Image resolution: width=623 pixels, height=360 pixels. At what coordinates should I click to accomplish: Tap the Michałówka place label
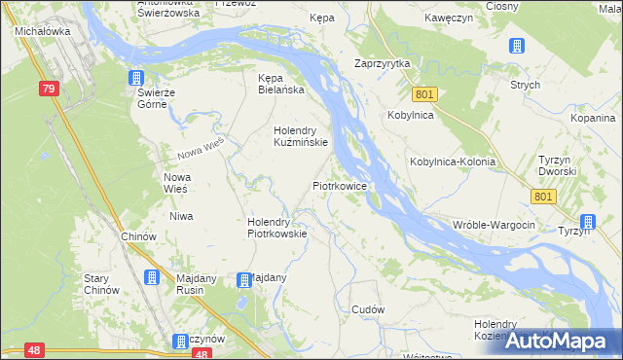click(40, 31)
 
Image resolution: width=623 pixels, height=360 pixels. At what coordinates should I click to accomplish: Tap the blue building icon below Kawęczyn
click(516, 46)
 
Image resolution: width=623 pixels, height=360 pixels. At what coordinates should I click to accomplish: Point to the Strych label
click(525, 85)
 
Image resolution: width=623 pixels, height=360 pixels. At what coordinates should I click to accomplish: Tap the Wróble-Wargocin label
click(494, 225)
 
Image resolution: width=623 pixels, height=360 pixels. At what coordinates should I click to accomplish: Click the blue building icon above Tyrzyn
click(587, 221)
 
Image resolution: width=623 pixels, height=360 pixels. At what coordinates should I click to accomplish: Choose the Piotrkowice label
click(339, 184)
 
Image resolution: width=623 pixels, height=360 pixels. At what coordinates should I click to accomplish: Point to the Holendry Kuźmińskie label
click(301, 134)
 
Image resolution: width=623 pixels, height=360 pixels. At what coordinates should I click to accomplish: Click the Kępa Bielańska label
click(280, 84)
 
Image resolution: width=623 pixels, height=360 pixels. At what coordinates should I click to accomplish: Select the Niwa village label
click(180, 216)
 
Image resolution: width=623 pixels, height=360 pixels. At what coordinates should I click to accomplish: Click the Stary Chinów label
click(101, 283)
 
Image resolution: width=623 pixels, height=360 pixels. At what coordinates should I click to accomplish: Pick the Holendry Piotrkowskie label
click(276, 227)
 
